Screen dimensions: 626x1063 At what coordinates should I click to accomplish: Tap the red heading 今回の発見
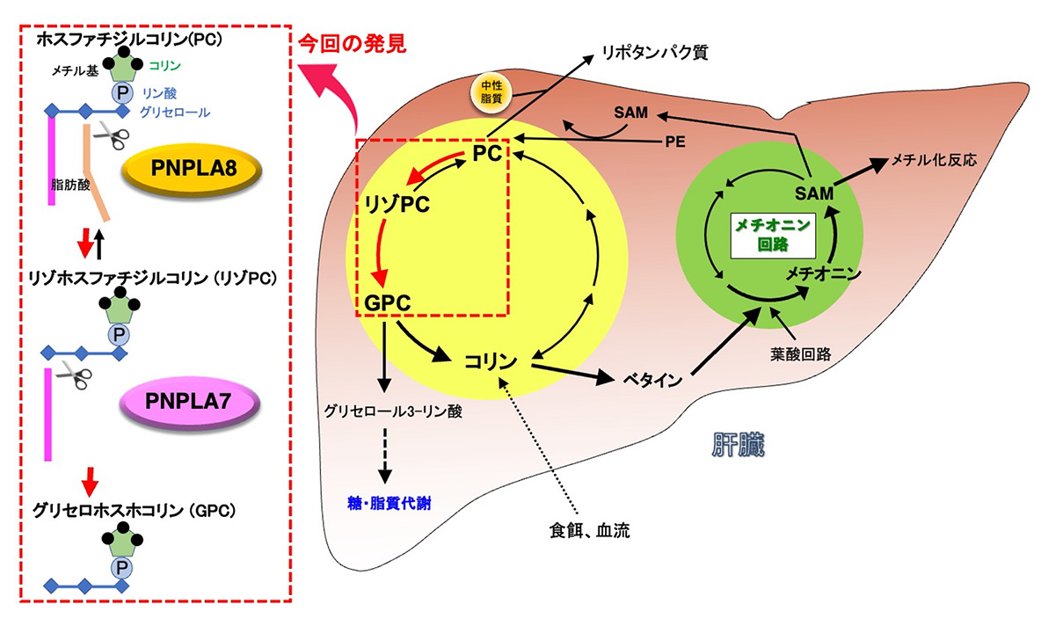pos(352,43)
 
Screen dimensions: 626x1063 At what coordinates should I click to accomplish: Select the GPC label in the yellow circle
pos(386,303)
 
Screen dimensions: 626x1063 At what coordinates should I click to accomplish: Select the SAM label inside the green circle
pos(813,192)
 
